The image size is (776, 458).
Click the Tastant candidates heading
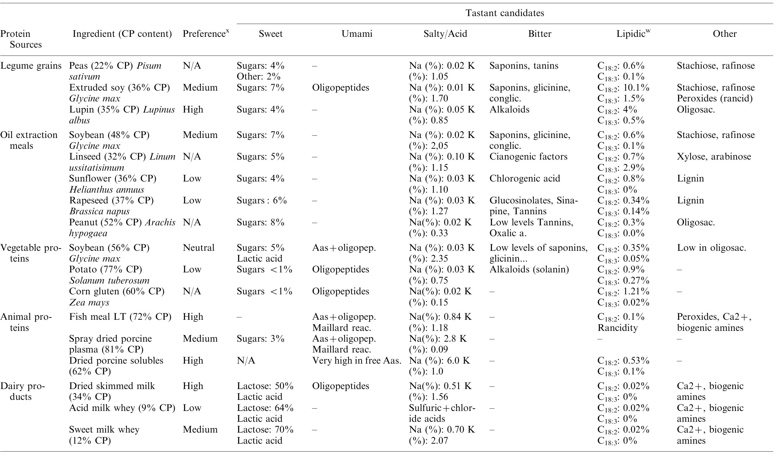504,13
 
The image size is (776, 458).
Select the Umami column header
357,34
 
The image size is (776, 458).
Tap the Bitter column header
539,34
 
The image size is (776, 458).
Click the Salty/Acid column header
445,34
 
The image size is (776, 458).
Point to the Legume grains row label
31,66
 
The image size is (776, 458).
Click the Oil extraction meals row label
28,140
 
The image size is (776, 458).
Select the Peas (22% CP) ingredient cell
115,71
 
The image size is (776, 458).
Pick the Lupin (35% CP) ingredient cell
121,115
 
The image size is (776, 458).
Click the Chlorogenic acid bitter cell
525,178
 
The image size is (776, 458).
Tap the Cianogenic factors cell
528,156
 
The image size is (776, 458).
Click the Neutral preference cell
198,248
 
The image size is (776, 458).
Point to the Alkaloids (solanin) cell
529,269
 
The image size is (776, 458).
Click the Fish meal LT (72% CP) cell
120,317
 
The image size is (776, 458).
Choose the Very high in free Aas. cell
356,360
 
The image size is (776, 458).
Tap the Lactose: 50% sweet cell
265,386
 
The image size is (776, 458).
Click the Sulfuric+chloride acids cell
442,413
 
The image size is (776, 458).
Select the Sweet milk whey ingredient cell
104,435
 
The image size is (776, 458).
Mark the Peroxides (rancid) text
715,98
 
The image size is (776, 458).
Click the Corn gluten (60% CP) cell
117,297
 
